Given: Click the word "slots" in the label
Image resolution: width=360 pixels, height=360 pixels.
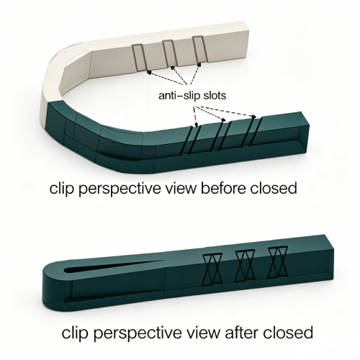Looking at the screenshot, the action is pyautogui.click(x=215, y=96).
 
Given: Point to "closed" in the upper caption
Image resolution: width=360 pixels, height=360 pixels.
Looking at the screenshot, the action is pyautogui.click(x=274, y=189).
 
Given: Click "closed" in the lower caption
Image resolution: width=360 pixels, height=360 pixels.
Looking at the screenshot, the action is pyautogui.click(x=288, y=333).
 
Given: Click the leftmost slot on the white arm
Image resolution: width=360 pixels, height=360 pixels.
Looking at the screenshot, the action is pyautogui.click(x=139, y=58).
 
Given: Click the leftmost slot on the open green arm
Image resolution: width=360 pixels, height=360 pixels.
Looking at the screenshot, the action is pyautogui.click(x=192, y=141).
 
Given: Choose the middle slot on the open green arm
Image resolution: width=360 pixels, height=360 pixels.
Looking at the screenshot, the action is pyautogui.click(x=221, y=136).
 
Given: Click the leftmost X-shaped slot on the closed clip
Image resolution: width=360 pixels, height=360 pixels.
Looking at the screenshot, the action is pyautogui.click(x=212, y=269).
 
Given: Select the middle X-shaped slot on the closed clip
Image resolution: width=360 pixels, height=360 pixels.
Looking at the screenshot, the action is pyautogui.click(x=245, y=266).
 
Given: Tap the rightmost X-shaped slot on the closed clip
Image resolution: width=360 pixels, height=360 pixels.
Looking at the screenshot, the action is pyautogui.click(x=278, y=262).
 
